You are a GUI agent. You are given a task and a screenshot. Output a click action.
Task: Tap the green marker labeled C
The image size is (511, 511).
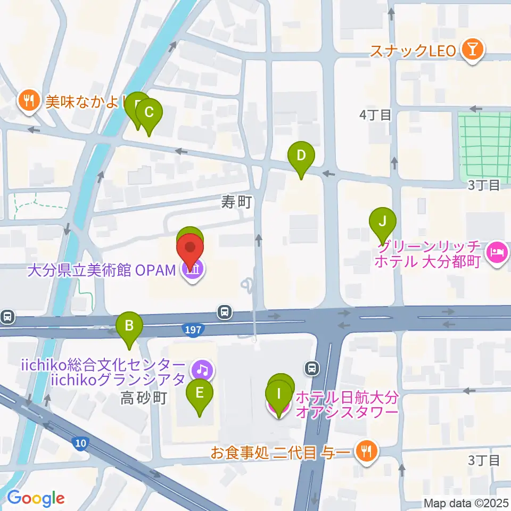coord(149,113)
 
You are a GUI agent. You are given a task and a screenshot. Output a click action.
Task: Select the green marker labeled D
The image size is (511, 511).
coord(301,156)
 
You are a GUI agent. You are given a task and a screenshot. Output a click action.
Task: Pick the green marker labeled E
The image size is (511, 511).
coord(200,394)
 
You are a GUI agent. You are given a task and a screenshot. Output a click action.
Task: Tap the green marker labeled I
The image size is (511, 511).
coord(278,395)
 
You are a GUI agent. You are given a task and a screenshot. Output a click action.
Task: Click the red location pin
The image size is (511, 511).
coord(190,249)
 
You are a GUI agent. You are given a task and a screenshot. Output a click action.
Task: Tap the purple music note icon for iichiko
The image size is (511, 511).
coord(202,369)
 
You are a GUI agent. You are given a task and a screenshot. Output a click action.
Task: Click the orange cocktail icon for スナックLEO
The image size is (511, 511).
coord(472,51)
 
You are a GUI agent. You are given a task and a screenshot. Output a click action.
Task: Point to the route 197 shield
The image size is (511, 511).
coord(194,330)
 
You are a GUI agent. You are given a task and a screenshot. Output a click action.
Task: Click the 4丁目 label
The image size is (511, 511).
coord(375,114)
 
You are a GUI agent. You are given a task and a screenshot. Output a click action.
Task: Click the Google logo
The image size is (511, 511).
coord(36,498)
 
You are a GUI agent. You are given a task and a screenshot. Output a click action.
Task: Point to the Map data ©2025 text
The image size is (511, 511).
coord(466,502)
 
